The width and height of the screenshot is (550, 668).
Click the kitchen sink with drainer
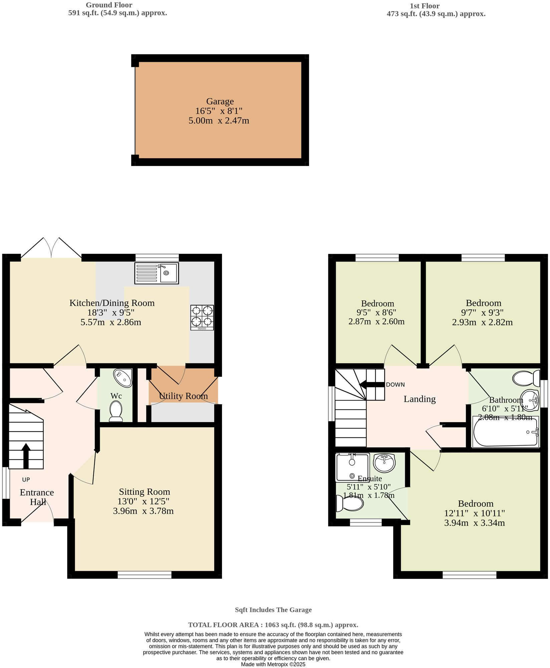pos(157,273)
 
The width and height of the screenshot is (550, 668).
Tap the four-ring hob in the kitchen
pos(202,317)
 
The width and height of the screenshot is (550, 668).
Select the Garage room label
pos(220,101)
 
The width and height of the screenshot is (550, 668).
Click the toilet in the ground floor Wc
pos(116,411)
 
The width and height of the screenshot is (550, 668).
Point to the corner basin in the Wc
pos(123,378)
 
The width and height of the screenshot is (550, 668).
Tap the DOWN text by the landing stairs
pos(395,384)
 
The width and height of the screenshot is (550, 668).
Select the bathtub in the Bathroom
pos(505,432)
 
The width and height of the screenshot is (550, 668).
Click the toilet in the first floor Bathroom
pos(526,378)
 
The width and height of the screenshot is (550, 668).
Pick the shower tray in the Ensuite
pos(352,467)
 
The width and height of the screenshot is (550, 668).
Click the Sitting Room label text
pos(145,492)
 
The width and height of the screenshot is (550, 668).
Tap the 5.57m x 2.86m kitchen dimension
pos(111,322)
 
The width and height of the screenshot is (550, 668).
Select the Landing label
pos(420,399)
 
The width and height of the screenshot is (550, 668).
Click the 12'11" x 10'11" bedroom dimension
pos(474,513)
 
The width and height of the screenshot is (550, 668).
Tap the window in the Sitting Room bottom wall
pos(144,574)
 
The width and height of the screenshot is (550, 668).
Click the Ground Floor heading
pos(109,5)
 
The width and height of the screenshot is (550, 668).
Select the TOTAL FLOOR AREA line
pos(273,625)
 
